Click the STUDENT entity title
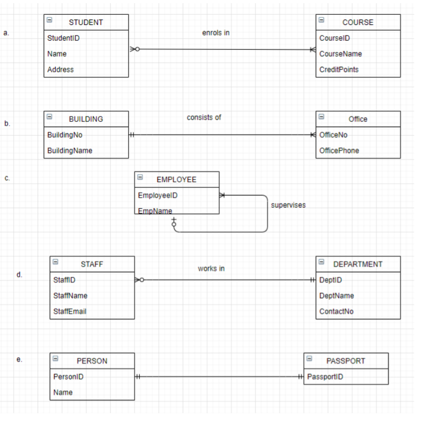pos(86,22)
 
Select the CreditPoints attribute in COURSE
pos(339,69)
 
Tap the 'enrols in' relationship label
pos(216,33)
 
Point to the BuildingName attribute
pos(69,151)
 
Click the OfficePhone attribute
pos(339,151)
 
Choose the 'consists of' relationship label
pos(204,117)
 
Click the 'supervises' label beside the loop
pos(288,205)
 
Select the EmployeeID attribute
pos(157,196)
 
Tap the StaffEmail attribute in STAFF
pos(69,312)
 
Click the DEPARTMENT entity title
pos(358,264)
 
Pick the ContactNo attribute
pos(336,312)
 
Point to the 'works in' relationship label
pos(211,269)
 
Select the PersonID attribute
pos(68,377)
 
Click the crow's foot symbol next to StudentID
pos(135,49)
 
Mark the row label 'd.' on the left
pos(20,275)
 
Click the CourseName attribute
pos(340,54)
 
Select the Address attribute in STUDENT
pos(60,69)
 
